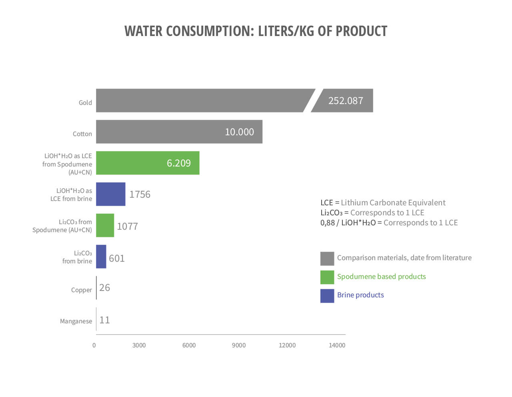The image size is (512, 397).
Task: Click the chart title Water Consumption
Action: (256, 31)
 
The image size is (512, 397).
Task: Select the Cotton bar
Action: (179, 132)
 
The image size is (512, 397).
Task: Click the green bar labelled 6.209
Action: (148, 163)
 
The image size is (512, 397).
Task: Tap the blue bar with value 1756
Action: (110, 194)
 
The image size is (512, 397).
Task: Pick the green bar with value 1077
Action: (105, 225)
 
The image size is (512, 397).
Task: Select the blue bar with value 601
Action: (101, 257)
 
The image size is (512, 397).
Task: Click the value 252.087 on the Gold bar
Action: (346, 100)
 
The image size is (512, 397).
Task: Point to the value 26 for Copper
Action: (104, 288)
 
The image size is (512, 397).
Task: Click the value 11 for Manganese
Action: (104, 320)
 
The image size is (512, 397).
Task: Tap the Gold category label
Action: (85, 102)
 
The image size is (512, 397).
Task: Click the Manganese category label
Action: (76, 321)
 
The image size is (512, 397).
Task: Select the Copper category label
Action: (81, 290)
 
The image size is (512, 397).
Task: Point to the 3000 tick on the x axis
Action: (139, 345)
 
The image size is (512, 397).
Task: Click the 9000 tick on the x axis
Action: (239, 345)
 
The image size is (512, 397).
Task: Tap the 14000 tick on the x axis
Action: (337, 345)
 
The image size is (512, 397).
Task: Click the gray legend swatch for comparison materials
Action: (327, 259)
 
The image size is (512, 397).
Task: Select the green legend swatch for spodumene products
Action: (327, 277)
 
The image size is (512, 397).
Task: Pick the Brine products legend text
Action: (360, 295)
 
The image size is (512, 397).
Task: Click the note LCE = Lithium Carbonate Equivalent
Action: (383, 203)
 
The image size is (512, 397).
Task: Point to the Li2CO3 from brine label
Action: (77, 257)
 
